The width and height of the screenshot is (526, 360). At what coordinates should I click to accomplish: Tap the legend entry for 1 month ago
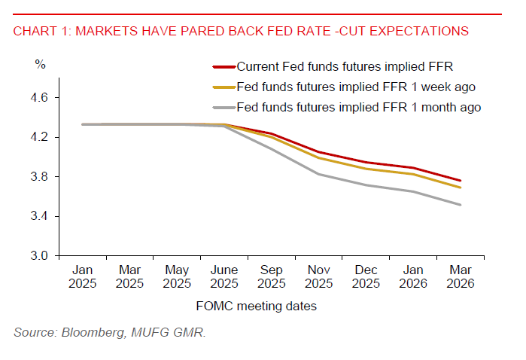358,108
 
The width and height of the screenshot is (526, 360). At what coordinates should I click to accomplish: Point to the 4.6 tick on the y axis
41,98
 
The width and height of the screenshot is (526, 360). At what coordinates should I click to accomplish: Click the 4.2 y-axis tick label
41,137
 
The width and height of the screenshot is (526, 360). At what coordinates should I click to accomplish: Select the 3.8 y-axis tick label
41,177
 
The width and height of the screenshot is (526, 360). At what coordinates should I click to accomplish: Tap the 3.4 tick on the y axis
41,216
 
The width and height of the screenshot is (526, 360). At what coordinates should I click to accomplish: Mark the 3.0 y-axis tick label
41,255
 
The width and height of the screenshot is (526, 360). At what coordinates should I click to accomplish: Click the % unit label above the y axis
40,64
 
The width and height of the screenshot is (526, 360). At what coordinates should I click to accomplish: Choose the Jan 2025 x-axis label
83,276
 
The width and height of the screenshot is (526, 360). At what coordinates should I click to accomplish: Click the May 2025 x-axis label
177,276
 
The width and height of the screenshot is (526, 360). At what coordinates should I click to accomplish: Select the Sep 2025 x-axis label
271,276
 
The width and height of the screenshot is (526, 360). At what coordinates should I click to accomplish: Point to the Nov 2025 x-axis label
318,276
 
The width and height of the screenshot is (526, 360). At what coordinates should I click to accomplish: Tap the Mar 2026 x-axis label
460,276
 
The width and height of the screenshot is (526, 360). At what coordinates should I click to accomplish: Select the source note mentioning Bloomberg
110,332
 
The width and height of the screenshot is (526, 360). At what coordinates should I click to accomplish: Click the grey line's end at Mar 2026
460,205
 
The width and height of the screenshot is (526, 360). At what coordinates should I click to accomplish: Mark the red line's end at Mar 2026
460,181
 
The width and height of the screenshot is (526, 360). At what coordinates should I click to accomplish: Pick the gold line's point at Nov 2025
318,157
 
